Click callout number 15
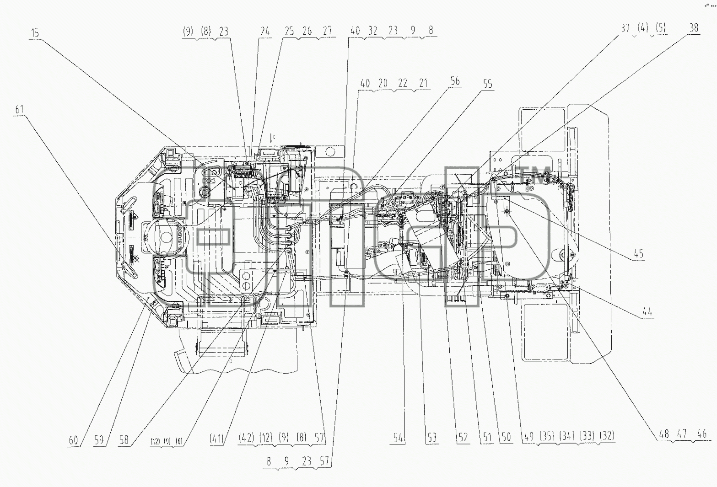pyautogui.click(x=35, y=33)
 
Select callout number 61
pyautogui.click(x=20, y=109)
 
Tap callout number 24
pyautogui.click(x=265, y=32)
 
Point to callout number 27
pyautogui.click(x=328, y=31)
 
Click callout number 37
pyautogui.click(x=625, y=28)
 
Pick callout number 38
pyautogui.click(x=694, y=28)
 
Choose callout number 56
pyautogui.click(x=455, y=81)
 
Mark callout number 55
pyautogui.click(x=487, y=84)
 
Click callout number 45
pyautogui.click(x=639, y=254)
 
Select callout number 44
pyautogui.click(x=647, y=311)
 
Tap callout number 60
pyautogui.click(x=73, y=440)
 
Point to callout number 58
pyautogui.click(x=124, y=440)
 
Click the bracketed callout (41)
pyautogui.click(x=216, y=438)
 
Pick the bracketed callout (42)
pyautogui.click(x=247, y=437)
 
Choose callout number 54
pyautogui.click(x=398, y=438)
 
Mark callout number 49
pyautogui.click(x=529, y=436)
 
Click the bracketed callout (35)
pyautogui.click(x=547, y=436)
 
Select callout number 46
pyautogui.click(x=701, y=434)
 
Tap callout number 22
pyautogui.click(x=403, y=84)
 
